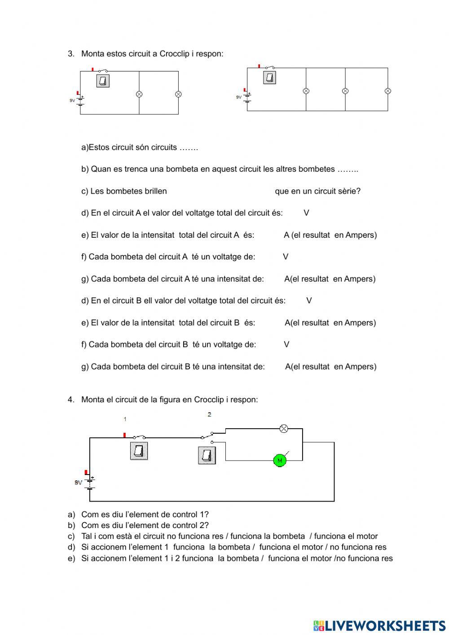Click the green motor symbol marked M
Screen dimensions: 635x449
280,460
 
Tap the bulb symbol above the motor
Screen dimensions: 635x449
284,428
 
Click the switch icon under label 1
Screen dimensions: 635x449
139,451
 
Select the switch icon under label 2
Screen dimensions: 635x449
207,455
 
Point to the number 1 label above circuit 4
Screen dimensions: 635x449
125,419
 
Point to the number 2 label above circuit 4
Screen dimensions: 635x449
209,414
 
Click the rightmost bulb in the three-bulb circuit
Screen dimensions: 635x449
388,91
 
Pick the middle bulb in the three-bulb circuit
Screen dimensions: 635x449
345,91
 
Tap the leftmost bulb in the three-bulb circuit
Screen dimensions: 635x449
306,91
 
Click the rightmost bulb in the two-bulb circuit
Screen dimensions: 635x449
178,94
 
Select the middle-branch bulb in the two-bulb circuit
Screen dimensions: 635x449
139,94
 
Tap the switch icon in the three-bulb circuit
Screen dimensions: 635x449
269,78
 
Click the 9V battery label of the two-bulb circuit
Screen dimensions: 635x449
72,101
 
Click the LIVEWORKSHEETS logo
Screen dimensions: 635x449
379,625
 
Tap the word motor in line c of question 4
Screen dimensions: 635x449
366,536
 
